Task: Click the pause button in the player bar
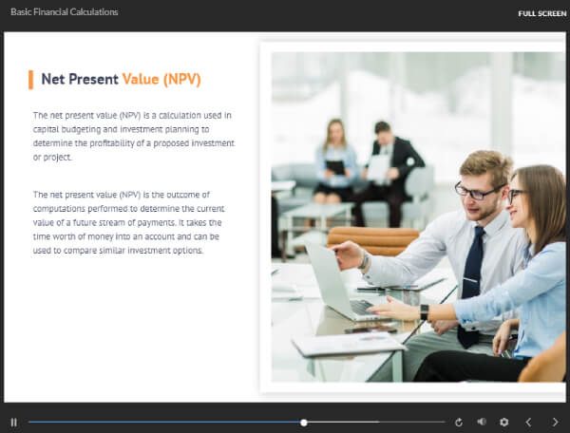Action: (14, 423)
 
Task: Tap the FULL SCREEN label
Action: (542, 14)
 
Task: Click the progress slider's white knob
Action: (304, 423)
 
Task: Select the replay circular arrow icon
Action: (459, 423)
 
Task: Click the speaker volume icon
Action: (482, 422)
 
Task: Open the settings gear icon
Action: (503, 423)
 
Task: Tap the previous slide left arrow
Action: (528, 423)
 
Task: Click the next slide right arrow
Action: (555, 423)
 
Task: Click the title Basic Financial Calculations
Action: (65, 12)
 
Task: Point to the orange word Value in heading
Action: (141, 79)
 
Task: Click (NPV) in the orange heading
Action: (182, 80)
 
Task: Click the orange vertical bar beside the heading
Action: (31, 80)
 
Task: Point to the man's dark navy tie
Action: (472, 287)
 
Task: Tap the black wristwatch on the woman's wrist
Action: (425, 312)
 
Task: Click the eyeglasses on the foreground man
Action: (477, 192)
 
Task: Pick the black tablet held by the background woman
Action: (335, 167)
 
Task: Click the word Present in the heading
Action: (93, 79)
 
